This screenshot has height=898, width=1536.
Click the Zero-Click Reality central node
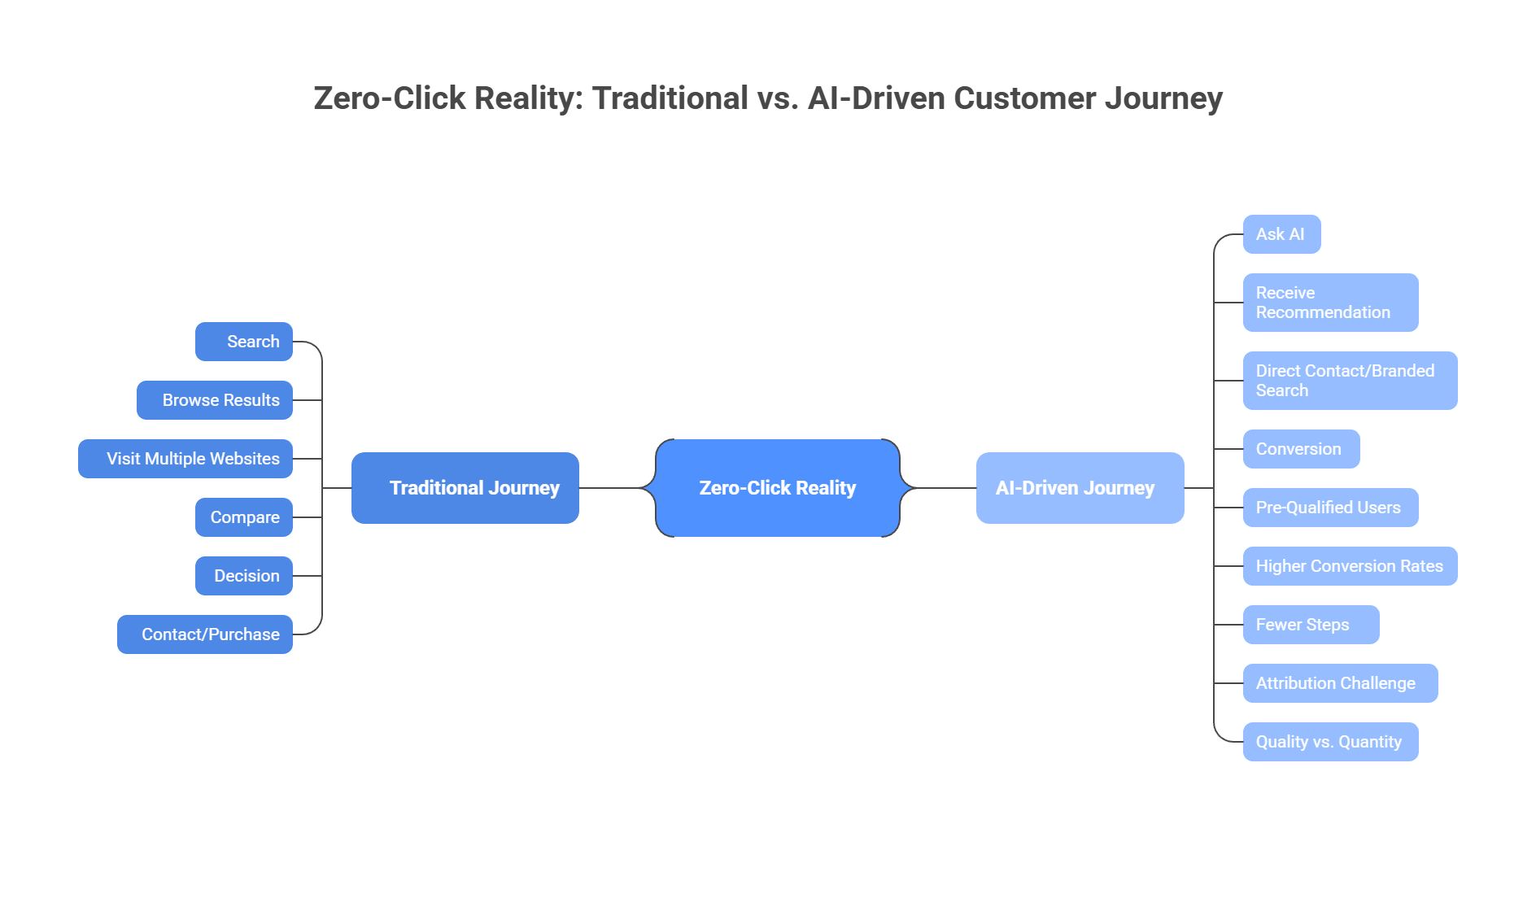pos(777,488)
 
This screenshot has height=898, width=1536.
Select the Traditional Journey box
pos(465,488)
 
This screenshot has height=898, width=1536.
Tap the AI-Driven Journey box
pos(1080,488)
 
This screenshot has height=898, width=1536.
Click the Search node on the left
pos(244,342)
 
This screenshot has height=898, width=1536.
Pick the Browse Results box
pos(215,400)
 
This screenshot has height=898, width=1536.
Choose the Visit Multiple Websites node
pos(185,459)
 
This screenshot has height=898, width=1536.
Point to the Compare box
pos(244,517)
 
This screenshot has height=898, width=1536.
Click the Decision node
pos(244,576)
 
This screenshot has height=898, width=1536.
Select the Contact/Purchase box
pos(205,634)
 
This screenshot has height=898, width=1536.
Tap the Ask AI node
pos(1281,234)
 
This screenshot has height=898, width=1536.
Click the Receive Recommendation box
pos(1330,303)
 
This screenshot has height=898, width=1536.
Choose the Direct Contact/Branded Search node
pos(1350,381)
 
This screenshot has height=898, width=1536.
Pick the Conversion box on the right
pos(1301,449)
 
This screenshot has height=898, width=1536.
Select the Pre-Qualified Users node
pos(1330,508)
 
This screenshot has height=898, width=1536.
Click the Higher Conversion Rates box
pos(1350,566)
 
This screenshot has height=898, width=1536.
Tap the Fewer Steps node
pos(1311,625)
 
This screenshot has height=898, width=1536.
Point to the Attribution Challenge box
pos(1340,683)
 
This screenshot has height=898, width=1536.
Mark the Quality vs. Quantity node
pos(1330,742)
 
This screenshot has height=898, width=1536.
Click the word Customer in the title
pos(1024,98)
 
